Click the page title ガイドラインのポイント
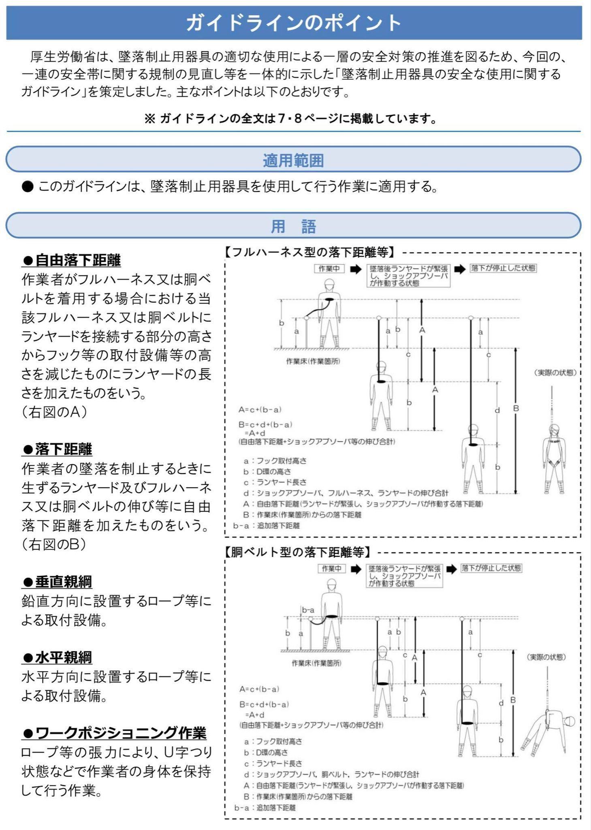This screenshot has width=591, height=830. [x=294, y=23]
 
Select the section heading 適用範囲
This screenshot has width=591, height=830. [x=293, y=160]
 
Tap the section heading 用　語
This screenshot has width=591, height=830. [x=293, y=226]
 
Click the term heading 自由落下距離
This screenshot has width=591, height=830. [x=72, y=260]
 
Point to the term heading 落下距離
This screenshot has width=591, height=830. [x=58, y=449]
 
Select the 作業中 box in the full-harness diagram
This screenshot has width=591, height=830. [x=329, y=269]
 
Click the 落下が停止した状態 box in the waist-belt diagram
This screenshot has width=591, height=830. [x=491, y=568]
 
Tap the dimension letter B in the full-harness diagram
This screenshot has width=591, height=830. [x=516, y=409]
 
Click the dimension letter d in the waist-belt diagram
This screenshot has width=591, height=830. [x=501, y=703]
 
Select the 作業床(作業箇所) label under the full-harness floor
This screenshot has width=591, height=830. [x=313, y=361]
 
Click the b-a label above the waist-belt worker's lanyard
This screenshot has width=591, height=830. [x=308, y=610]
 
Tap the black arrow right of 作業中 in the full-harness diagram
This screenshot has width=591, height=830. [x=356, y=269]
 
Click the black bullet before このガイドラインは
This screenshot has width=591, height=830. [x=28, y=187]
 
